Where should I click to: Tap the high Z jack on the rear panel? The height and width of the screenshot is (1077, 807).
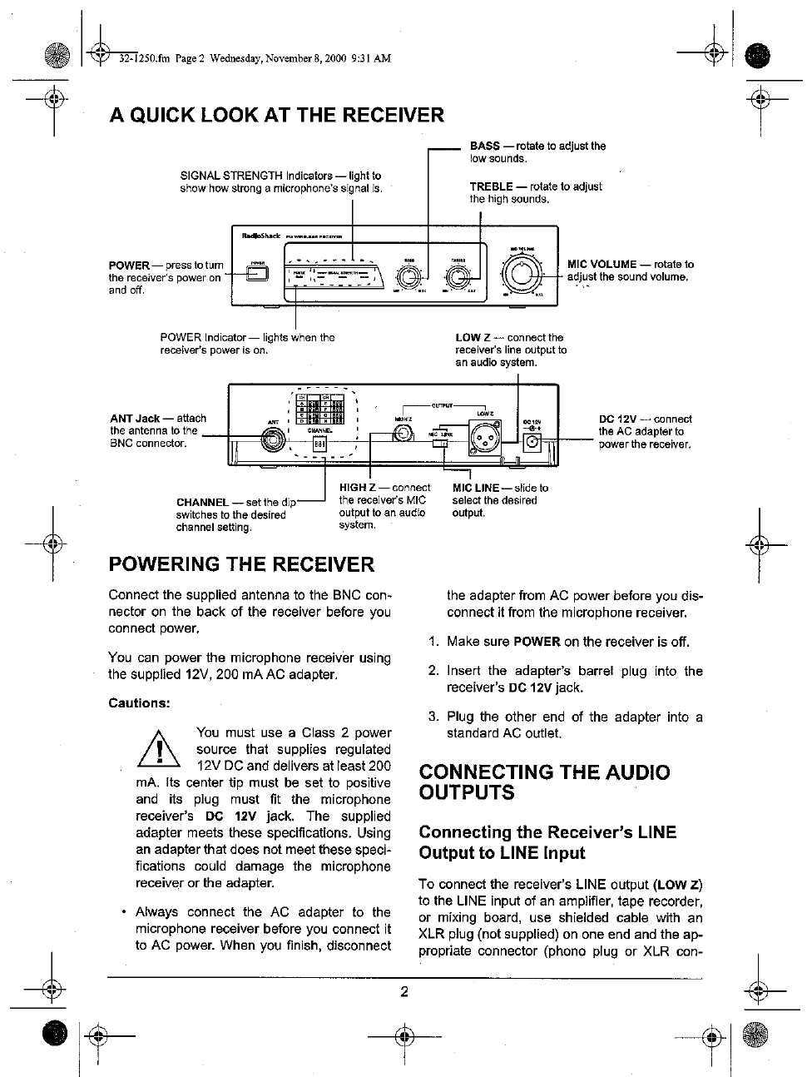pos(403,433)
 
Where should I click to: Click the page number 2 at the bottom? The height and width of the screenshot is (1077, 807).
pos(403,991)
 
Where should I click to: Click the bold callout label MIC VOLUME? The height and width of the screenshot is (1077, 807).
pos(602,265)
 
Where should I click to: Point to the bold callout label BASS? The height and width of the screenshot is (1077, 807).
pos(484,146)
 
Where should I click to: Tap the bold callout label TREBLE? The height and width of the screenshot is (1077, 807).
pos(491,186)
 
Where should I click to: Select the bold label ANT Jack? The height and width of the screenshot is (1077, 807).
pos(135,419)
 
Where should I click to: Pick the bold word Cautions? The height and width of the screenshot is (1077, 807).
pos(139,703)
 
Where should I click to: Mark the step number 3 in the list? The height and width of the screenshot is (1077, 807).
pos(433,717)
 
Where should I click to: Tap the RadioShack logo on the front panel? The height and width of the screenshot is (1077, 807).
pos(260,236)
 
